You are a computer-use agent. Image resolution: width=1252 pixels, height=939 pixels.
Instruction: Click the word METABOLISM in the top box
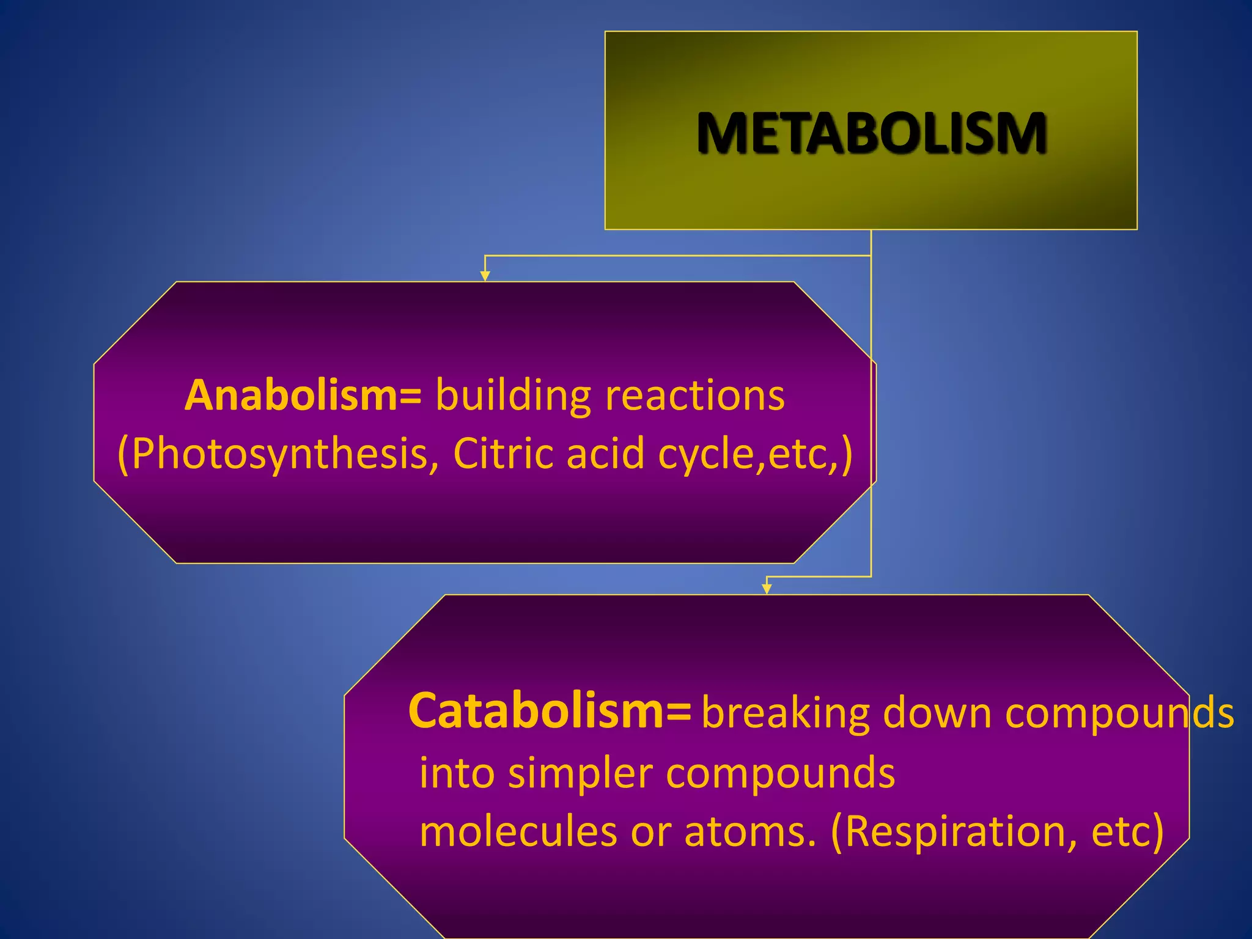pos(871,133)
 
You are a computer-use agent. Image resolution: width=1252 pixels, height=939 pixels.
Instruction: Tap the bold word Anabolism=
pos(303,395)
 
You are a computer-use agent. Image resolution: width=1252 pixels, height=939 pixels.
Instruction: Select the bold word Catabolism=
pos(550,711)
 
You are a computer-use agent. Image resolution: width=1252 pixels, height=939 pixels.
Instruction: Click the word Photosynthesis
pos(278,454)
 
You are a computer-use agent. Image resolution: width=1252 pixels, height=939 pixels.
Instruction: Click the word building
pos(513,396)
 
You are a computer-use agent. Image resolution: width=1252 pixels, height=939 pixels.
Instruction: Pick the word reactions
pos(695,396)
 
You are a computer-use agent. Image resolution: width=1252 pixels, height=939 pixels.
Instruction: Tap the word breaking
pos(786,713)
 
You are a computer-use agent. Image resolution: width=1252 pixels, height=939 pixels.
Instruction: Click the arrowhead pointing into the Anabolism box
pos(485,276)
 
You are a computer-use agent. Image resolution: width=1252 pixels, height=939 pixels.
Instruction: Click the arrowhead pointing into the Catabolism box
pos(767,589)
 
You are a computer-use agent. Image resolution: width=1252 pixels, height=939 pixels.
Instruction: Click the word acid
pos(605,454)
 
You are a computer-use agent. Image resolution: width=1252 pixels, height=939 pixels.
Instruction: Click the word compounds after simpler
pos(780,774)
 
